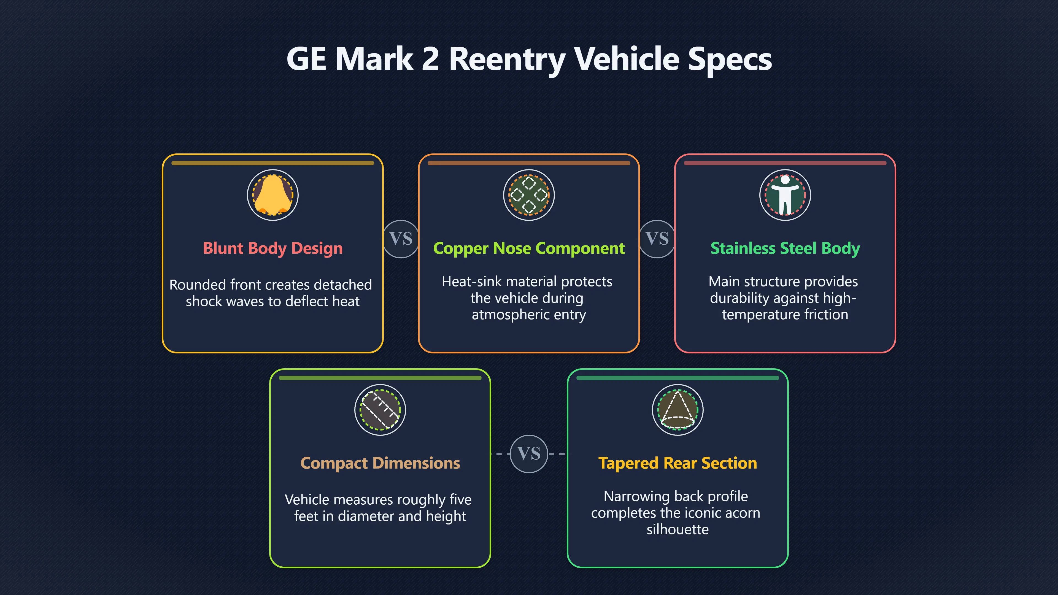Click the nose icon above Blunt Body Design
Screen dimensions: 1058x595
273,195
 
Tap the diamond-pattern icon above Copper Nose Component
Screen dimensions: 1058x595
529,195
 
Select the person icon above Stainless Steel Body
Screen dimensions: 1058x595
785,195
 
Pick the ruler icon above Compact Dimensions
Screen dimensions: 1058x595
380,410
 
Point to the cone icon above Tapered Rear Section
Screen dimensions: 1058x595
678,410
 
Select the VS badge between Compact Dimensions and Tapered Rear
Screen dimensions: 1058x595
529,454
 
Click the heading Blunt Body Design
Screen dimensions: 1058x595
273,248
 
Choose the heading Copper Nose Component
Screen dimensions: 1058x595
529,248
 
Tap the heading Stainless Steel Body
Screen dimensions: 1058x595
785,248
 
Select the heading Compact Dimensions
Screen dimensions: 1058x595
380,463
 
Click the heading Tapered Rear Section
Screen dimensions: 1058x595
678,463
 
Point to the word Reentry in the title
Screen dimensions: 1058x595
507,59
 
